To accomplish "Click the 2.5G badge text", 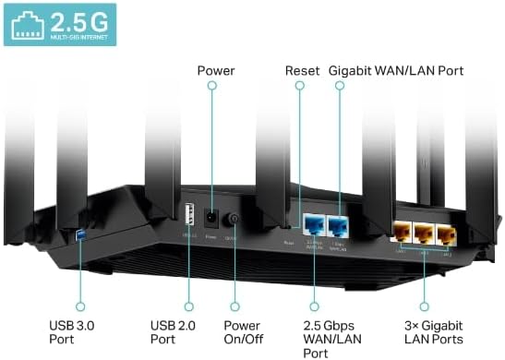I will (x=78, y=21).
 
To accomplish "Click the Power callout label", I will (x=216, y=70).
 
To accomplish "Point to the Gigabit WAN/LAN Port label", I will (x=396, y=70).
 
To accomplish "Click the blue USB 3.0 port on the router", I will (x=81, y=239).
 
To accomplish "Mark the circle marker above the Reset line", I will (x=300, y=86).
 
